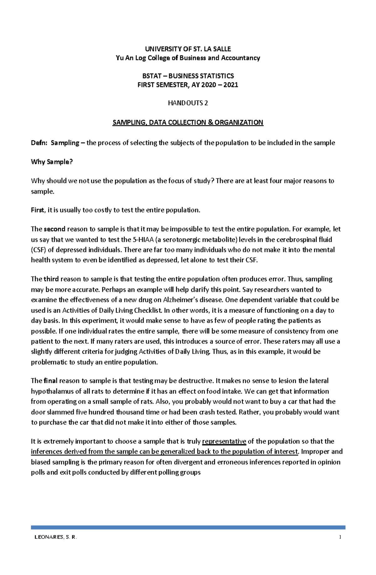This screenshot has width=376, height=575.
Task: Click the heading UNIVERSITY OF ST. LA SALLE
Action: [x=188, y=49]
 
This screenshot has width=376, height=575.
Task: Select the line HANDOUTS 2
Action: [x=188, y=103]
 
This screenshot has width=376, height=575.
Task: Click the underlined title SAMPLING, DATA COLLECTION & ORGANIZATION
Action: [x=188, y=123]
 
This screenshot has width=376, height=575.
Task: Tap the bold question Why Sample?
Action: [x=52, y=162]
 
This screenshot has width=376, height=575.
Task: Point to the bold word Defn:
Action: [x=39, y=143]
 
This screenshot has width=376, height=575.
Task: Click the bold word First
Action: [x=37, y=210]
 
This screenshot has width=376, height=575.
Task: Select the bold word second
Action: [x=55, y=229]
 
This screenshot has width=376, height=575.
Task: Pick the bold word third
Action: [x=51, y=279]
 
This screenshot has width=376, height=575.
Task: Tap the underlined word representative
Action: [x=224, y=442]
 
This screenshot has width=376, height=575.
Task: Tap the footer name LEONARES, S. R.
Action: [x=55, y=537]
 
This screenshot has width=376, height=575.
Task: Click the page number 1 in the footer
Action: [x=340, y=537]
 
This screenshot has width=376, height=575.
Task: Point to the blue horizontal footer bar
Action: [x=188, y=527]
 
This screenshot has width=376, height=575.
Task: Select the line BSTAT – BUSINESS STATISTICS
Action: [x=188, y=76]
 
